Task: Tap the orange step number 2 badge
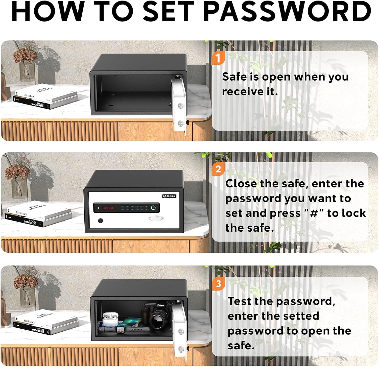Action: tap(218, 169)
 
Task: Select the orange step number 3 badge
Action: tap(219, 284)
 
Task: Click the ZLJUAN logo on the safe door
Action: tap(169, 196)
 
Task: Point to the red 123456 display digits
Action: tap(109, 208)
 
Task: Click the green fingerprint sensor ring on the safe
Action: tap(153, 208)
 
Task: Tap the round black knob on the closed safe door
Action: tap(101, 221)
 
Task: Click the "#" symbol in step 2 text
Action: tap(314, 213)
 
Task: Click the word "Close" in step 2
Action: tap(241, 184)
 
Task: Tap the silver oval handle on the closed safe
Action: tap(156, 218)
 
